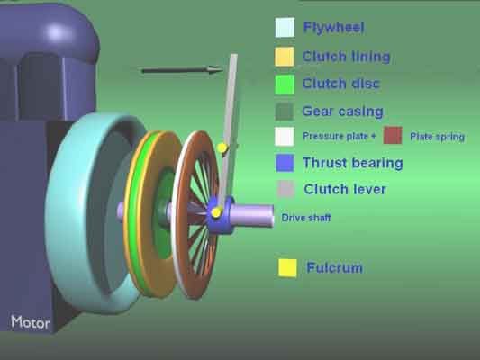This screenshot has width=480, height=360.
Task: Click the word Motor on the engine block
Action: tap(31, 322)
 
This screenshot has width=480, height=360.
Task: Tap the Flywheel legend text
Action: tap(334, 28)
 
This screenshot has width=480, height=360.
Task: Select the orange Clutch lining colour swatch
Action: tap(285, 57)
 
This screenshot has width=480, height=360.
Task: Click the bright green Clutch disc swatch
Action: tap(285, 85)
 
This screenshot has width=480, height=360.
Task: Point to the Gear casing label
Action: tap(342, 112)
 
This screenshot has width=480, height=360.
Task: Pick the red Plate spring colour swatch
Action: tap(393, 135)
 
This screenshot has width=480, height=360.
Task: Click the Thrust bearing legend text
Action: tap(353, 163)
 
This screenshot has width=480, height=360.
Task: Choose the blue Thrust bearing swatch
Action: tap(285, 163)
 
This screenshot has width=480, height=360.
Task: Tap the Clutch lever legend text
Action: tap(345, 190)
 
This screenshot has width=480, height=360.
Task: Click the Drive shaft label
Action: tap(306, 218)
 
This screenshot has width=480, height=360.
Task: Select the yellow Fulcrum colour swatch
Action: tap(287, 268)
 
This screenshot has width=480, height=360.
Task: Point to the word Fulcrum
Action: tap(335, 268)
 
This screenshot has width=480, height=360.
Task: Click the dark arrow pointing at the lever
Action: tap(183, 71)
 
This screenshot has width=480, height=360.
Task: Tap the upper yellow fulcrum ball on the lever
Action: tap(222, 148)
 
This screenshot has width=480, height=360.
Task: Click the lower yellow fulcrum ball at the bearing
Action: tap(216, 212)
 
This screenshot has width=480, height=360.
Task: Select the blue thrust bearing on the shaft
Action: tap(221, 216)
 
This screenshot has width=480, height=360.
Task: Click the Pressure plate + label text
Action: tap(340, 136)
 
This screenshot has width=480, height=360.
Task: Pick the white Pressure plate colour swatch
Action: tap(285, 137)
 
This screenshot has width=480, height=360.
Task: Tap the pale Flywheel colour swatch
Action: tap(285, 28)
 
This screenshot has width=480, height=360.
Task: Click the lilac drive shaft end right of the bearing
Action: tap(252, 216)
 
